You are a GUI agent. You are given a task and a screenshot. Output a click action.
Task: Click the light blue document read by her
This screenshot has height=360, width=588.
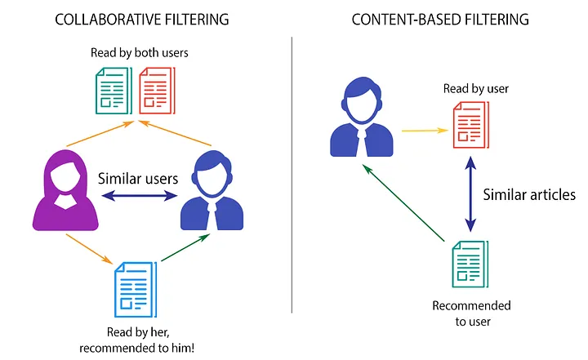pos(134,290)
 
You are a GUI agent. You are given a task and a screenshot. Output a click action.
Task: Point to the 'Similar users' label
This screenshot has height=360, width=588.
pos(136,177)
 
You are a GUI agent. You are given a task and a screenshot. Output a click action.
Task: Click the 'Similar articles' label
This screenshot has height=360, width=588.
pos(529,194)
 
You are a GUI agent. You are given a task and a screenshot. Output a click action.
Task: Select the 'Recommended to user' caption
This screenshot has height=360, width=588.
pos(471,313)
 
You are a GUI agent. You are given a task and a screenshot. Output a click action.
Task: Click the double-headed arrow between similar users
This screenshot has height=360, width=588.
pos(137,196)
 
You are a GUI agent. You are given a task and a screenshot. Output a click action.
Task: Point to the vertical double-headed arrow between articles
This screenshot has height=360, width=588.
pos(470,195)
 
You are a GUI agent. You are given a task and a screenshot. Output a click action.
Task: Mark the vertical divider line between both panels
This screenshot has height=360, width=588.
pos(292,180)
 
